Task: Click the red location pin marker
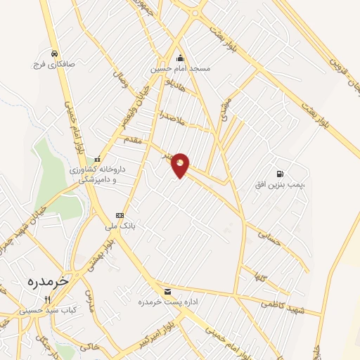click(x=181, y=164)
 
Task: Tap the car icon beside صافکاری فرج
click(x=54, y=53)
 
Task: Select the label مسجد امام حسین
click(x=180, y=70)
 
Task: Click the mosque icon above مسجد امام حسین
click(x=181, y=58)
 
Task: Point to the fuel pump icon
click(x=281, y=173)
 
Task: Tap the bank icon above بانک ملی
click(x=120, y=215)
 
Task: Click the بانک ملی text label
click(x=119, y=226)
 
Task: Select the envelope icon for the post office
click(x=167, y=291)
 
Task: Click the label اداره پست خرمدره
click(x=166, y=302)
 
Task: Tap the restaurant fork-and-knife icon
click(x=48, y=299)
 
